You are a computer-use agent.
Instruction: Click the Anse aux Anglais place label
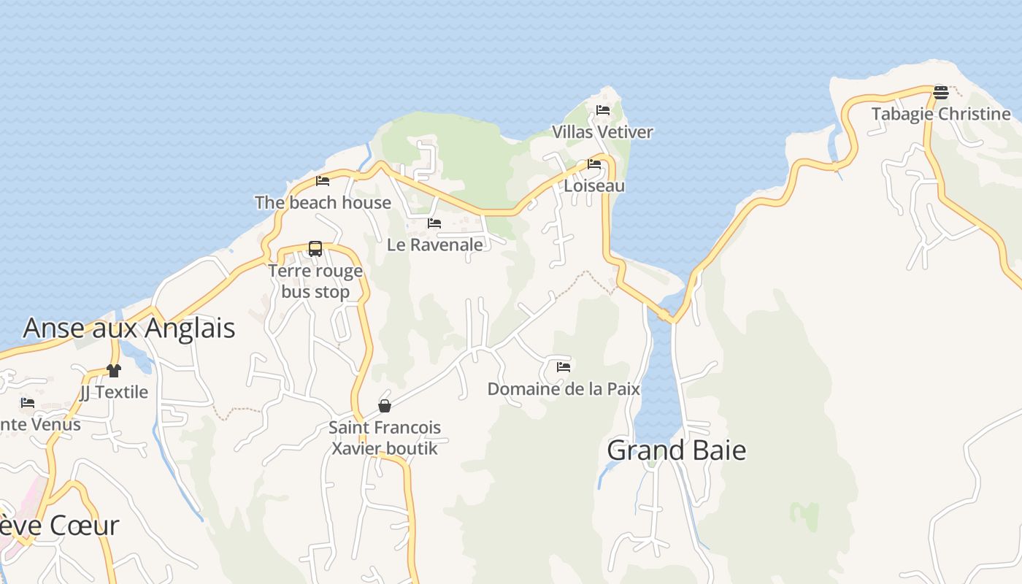129,328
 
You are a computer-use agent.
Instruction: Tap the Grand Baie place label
677,450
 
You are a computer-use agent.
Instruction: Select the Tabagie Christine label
941,114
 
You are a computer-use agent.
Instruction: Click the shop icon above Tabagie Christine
940,93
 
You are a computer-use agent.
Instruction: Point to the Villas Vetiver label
602,132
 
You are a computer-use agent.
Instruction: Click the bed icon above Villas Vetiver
603,110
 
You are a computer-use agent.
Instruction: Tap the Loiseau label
594,185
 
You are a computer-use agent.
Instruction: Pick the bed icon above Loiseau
594,164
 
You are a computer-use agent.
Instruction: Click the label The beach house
323,202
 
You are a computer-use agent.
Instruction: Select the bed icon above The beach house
323,181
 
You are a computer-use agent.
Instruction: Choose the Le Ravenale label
434,245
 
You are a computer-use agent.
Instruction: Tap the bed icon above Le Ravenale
434,223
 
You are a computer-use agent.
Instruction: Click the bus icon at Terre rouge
315,249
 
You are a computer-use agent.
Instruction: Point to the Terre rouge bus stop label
315,281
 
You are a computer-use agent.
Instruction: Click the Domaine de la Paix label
564,389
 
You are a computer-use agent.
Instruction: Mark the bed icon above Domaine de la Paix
564,367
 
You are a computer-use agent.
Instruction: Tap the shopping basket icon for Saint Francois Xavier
385,406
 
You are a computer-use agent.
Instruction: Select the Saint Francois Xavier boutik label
385,437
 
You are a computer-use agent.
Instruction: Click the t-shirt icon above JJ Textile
113,371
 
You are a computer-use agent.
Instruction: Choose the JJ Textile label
113,392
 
